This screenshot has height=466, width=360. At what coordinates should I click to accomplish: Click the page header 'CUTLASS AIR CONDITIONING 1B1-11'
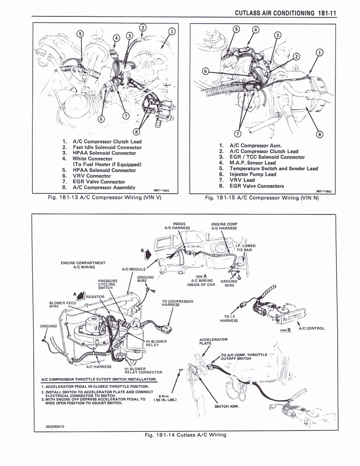(x=285, y=13)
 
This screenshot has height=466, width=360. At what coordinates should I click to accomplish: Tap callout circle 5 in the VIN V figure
(x=80, y=34)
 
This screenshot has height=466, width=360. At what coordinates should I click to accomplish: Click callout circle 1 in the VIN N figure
(x=319, y=52)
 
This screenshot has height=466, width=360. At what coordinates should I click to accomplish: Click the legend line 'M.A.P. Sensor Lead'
(x=253, y=162)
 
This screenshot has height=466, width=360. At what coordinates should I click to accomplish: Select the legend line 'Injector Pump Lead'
(x=253, y=174)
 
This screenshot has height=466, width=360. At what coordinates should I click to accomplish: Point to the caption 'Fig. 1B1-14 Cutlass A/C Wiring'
(x=185, y=435)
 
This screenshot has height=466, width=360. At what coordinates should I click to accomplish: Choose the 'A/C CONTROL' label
(x=311, y=328)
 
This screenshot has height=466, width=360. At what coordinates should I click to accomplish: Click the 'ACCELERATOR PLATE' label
(x=213, y=341)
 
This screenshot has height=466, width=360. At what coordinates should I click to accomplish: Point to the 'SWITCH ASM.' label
(x=226, y=406)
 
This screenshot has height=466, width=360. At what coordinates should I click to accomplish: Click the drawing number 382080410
(x=55, y=426)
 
